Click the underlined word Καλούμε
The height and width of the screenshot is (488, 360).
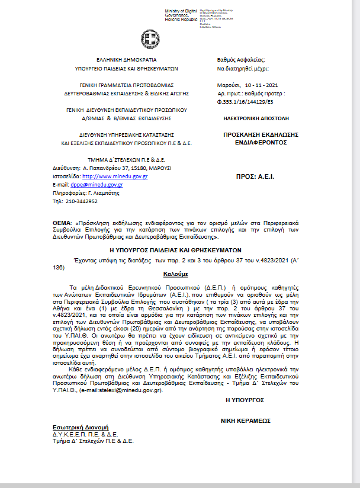pos(175,275)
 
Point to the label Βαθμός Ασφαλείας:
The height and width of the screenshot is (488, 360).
pos(242,60)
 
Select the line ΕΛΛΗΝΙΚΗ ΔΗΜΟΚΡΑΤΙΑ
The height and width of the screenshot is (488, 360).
pos(126,60)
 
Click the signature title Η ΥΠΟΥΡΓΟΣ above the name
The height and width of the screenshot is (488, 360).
pos(243,401)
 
